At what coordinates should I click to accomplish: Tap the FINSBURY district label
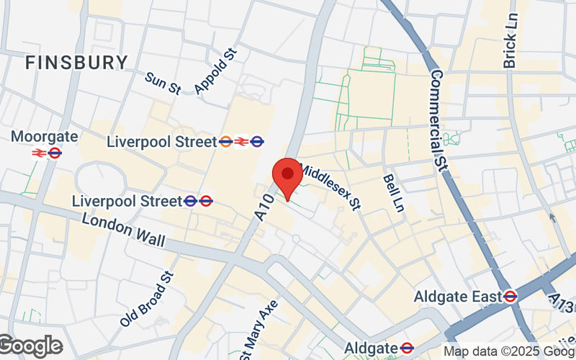76,63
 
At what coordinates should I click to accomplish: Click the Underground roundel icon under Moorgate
55,153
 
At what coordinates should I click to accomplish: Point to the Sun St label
162,83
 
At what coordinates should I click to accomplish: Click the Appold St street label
215,71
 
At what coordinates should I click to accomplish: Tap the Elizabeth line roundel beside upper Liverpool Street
258,142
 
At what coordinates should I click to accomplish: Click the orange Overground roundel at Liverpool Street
226,142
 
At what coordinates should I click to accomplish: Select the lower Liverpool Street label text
127,200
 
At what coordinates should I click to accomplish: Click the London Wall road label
123,230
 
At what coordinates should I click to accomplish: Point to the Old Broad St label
148,298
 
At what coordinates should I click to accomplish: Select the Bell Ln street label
393,192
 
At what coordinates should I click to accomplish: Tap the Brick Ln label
510,41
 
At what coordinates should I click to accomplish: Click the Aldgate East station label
457,296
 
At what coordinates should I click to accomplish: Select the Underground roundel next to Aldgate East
510,296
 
